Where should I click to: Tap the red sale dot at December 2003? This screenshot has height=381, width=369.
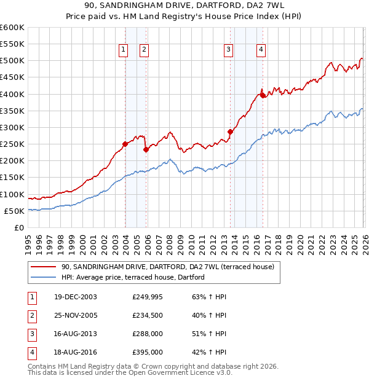pos(125,144)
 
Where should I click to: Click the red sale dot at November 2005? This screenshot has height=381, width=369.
pos(146,149)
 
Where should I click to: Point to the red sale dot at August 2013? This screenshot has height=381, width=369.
pos(231,132)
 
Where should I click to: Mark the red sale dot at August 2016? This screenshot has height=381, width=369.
pos(263,95)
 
